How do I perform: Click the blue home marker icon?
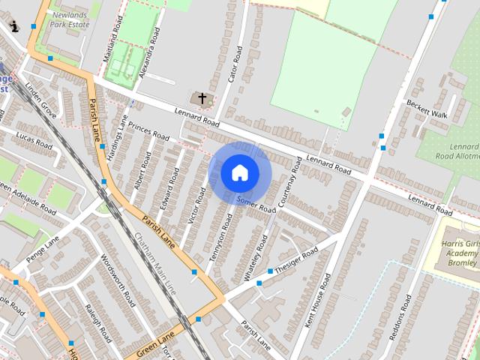pyautogui.click(x=239, y=172)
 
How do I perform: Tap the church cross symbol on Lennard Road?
pyautogui.click(x=201, y=98)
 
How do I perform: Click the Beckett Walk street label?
pyautogui.click(x=427, y=109)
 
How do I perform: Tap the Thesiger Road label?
pyautogui.click(x=296, y=259)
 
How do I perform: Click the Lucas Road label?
pyautogui.click(x=34, y=141)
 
